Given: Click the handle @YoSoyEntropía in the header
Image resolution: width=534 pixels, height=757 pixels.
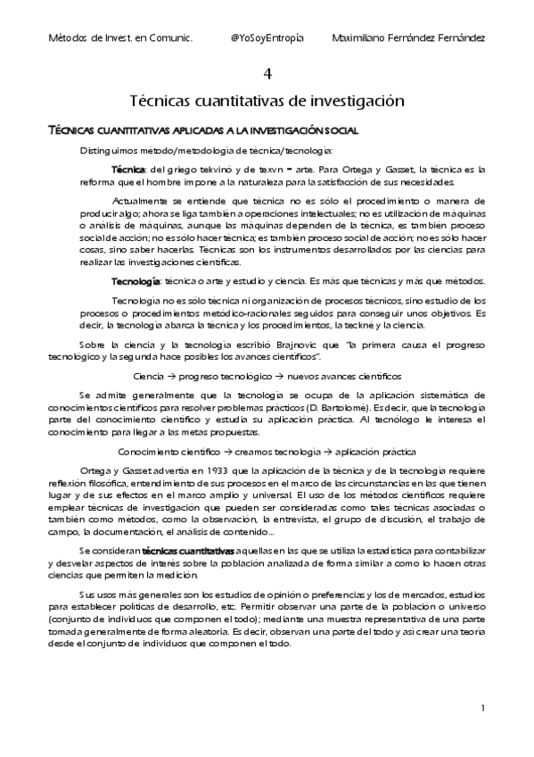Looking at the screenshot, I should pyautogui.click(x=267, y=38).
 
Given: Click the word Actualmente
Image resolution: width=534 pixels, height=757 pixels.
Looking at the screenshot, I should pyautogui.click(x=145, y=201).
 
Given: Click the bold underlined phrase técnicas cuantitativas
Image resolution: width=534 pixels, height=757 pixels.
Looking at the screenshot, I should pyautogui.click(x=189, y=550).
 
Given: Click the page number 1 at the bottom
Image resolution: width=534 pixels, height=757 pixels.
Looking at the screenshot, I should pyautogui.click(x=481, y=708).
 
